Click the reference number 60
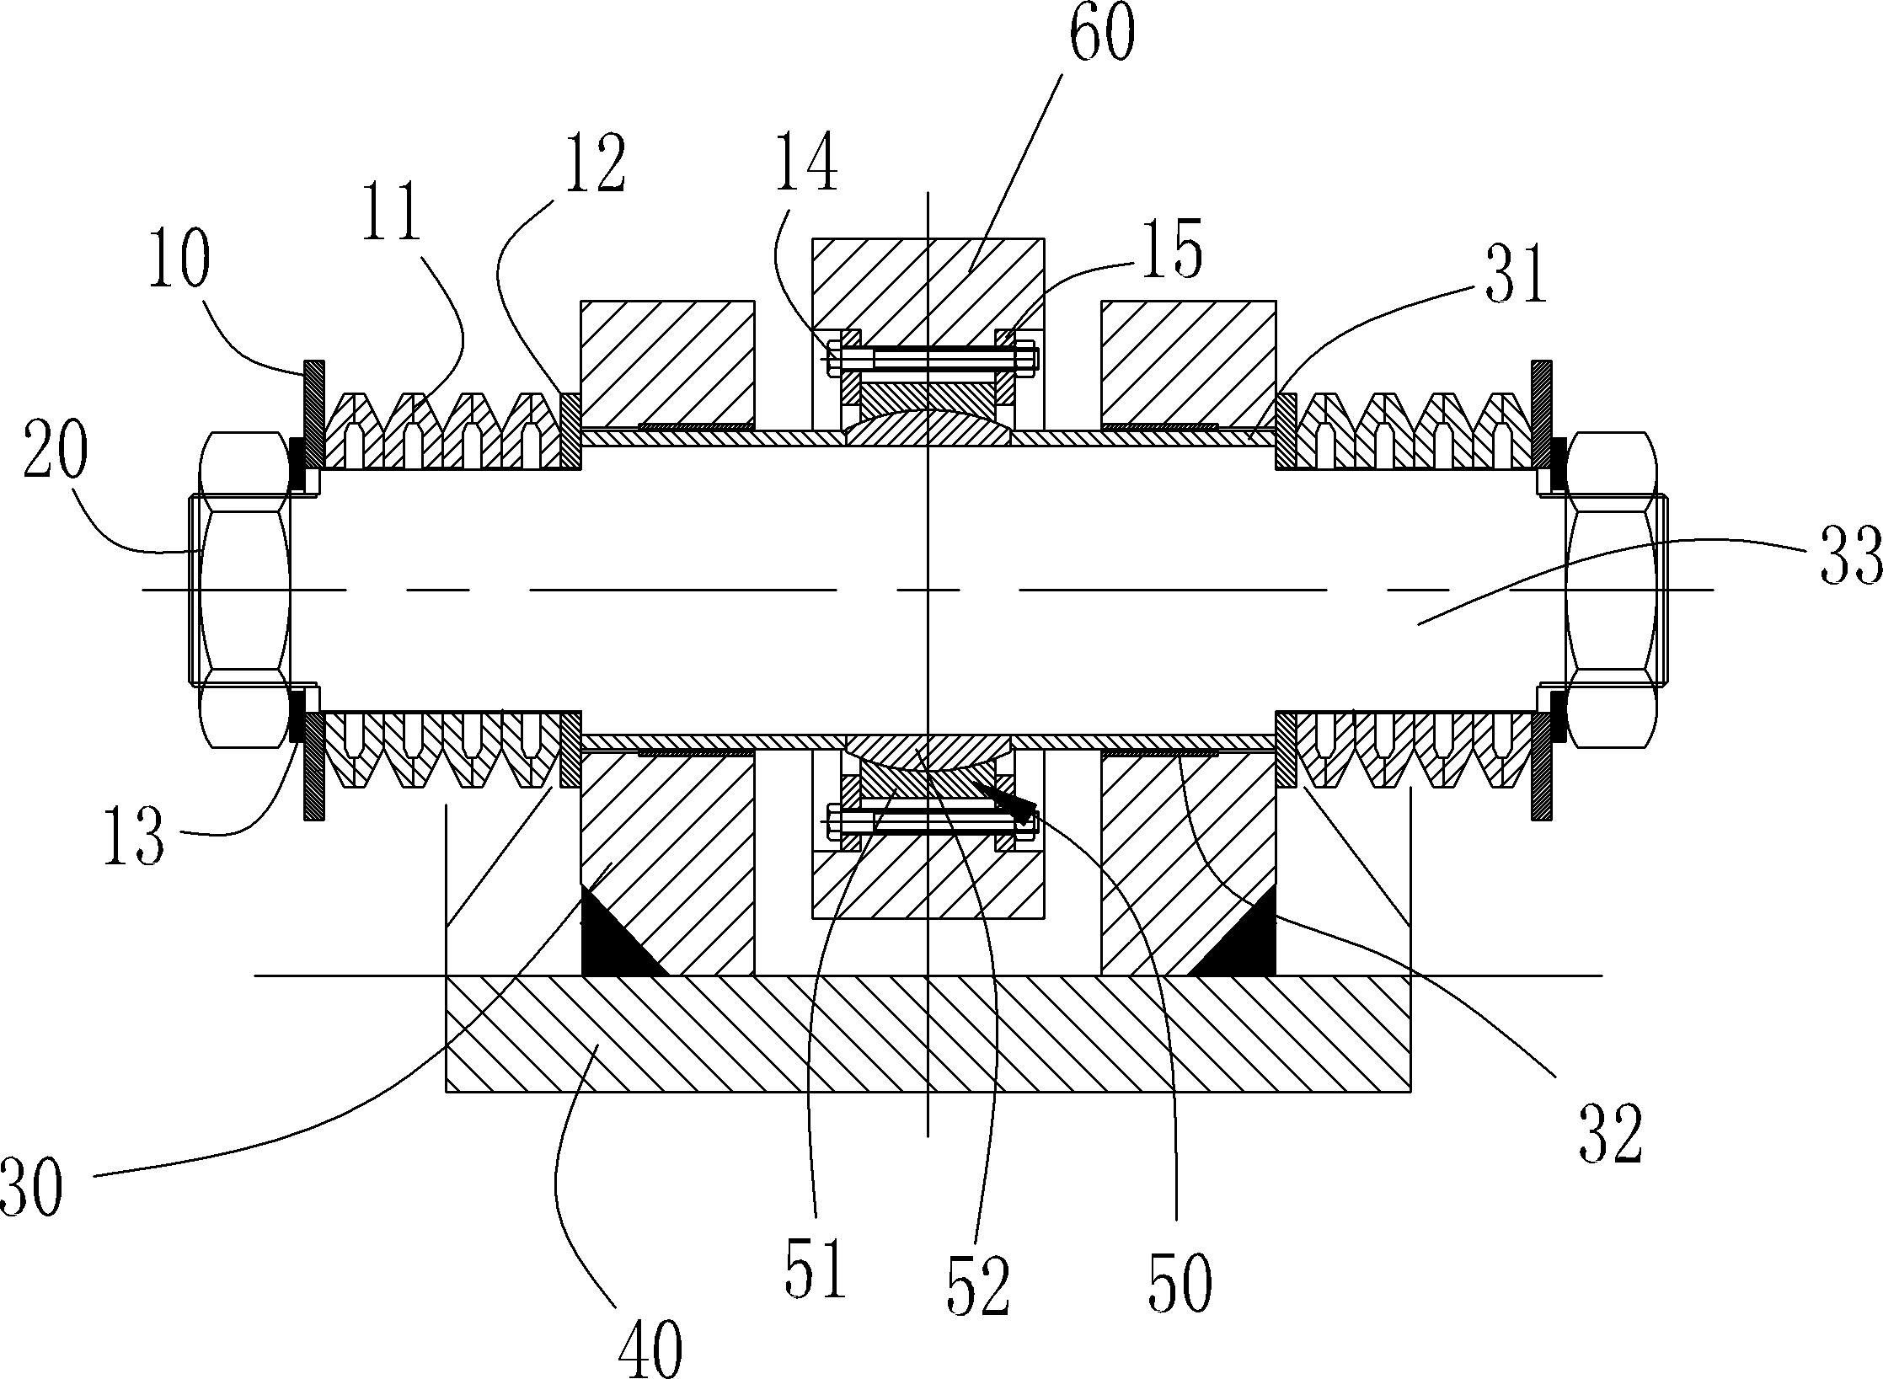[x=1102, y=33]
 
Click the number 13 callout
[x=134, y=836]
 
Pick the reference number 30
[x=31, y=1186]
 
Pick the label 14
[x=807, y=162]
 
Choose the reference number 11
[x=393, y=214]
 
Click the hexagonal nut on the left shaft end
[x=238, y=590]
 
